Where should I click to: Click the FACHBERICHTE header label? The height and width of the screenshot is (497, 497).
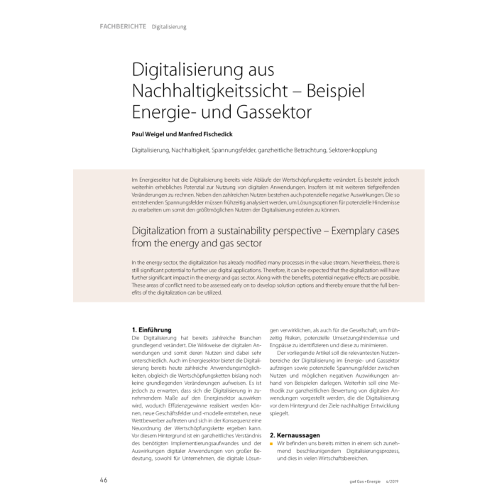click(124, 26)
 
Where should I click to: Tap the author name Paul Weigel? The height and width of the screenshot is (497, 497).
click(151, 133)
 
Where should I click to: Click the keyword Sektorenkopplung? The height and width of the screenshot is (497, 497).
click(353, 151)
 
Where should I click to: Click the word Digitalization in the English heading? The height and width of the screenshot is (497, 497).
click(169, 231)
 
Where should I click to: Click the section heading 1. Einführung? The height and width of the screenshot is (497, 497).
click(153, 330)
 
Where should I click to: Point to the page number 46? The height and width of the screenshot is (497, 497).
click(103, 480)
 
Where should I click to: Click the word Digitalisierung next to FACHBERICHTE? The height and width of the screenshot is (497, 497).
click(169, 27)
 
